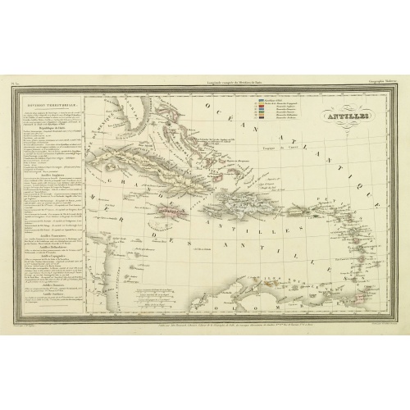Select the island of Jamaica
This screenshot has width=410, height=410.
pyautogui.click(x=185, y=209)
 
